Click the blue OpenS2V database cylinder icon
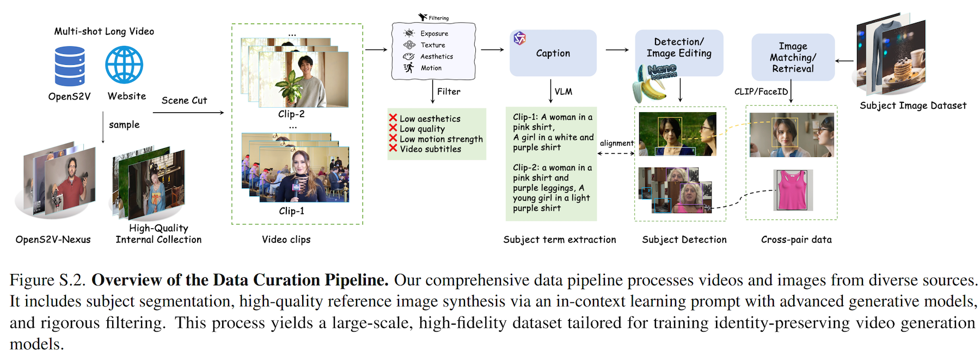70,66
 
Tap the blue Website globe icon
124,65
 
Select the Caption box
553,53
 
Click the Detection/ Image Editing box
679,48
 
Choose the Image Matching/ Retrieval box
793,57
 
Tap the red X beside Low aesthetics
393,118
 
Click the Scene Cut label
184,100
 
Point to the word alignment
616,143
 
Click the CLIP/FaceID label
761,91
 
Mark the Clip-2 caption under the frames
291,114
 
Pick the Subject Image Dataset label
912,106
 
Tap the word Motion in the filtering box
431,68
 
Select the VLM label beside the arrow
563,91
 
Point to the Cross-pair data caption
796,240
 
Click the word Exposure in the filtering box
434,34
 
